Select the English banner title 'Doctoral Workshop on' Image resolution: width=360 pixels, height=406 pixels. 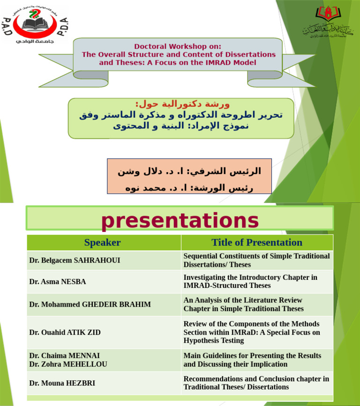[178, 46]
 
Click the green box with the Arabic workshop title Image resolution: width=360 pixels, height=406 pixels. [181, 118]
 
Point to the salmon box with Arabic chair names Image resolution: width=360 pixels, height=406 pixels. [189, 176]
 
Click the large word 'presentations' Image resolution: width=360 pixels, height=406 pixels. [180, 220]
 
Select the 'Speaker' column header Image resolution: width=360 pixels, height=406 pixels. [102, 242]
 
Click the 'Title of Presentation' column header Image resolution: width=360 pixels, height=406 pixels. [257, 242]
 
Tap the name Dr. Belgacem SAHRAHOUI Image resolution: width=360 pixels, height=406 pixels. [75, 260]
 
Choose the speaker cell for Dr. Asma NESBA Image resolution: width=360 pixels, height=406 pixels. [58, 282]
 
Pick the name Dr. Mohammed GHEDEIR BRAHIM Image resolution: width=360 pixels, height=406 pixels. [90, 304]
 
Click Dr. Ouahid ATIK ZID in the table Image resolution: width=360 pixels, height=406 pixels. [65, 332]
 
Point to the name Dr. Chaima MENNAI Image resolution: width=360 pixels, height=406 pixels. [64, 356]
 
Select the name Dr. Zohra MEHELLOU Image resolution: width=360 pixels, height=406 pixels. [68, 364]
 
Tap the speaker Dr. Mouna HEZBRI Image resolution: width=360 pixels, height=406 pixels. [62, 383]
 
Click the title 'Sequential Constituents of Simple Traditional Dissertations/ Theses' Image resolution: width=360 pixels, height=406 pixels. [256, 260]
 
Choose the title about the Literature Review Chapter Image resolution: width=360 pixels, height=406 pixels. [243, 304]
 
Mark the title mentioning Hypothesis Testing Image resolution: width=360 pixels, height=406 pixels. [252, 332]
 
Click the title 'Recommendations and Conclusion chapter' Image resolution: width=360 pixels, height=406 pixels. [256, 383]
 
